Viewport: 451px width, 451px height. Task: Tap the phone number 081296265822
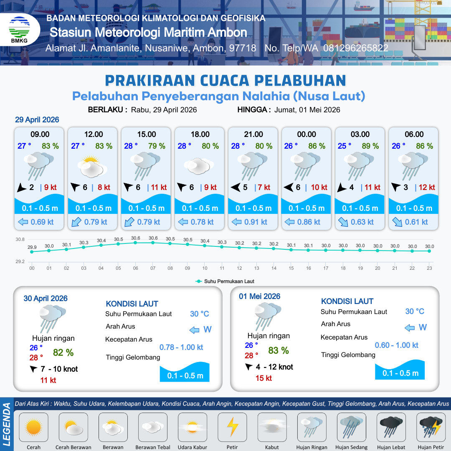tap(355, 48)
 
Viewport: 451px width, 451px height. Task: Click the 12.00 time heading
tap(93, 134)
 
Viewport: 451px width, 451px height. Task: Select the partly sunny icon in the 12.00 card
tap(93, 166)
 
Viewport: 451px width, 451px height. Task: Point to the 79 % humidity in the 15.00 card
tap(157, 146)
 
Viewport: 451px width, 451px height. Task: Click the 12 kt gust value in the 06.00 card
tap(427, 187)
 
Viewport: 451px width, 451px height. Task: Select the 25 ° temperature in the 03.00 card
tap(344, 146)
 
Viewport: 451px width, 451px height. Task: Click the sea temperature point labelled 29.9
tap(32, 251)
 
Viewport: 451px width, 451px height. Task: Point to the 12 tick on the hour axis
tap(239, 268)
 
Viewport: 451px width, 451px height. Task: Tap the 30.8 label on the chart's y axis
tap(20, 240)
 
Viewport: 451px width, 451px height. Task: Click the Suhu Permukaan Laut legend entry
tap(225, 281)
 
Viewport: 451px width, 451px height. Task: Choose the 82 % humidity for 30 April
tap(63, 352)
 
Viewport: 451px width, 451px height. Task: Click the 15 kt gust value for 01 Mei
tap(264, 378)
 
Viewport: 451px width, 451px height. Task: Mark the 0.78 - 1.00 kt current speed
tap(181, 347)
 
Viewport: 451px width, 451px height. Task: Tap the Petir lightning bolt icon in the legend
tap(232, 427)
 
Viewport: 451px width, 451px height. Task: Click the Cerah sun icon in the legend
tap(33, 427)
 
